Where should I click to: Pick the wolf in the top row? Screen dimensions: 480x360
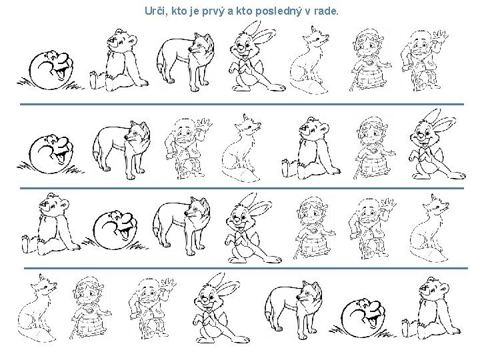click(x=186, y=61)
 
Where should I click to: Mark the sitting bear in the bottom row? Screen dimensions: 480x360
click(x=431, y=309)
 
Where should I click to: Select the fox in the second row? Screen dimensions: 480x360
click(x=242, y=148)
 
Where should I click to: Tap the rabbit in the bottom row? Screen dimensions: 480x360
click(x=221, y=308)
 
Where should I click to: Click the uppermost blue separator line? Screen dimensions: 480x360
click(x=242, y=105)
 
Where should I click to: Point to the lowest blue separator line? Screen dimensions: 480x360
click(x=246, y=269)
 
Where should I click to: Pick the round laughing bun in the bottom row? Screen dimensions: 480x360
click(x=361, y=319)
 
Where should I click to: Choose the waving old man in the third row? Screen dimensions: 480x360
click(x=371, y=229)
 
